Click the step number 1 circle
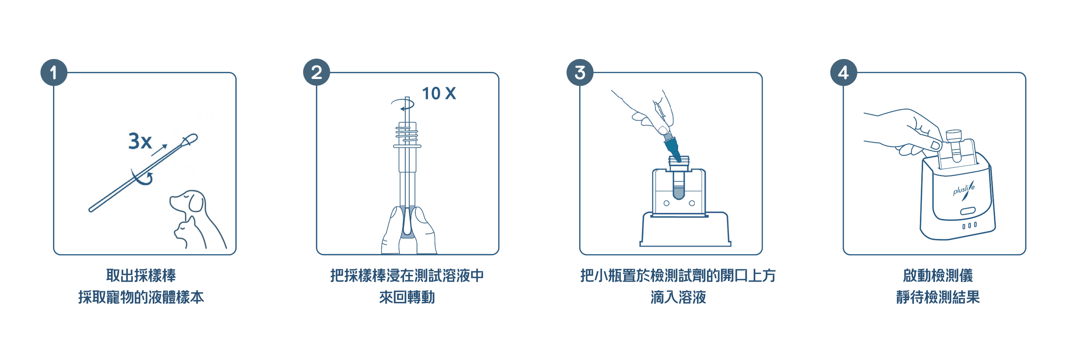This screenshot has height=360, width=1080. [x=54, y=73]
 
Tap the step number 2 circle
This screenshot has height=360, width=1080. [x=317, y=73]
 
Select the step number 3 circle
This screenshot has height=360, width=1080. [x=580, y=73]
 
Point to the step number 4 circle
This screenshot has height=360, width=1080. [x=843, y=73]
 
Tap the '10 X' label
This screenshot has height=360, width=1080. [x=438, y=93]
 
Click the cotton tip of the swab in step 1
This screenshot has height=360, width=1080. [x=189, y=140]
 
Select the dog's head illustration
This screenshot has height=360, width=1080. [x=187, y=201]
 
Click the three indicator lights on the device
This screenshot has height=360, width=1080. [x=969, y=225]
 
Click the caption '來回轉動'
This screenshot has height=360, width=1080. [x=407, y=297]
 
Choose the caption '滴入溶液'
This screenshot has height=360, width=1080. [x=678, y=297]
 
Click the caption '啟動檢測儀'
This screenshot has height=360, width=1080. [x=938, y=275]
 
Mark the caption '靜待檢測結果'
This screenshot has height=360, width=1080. [x=938, y=297]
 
